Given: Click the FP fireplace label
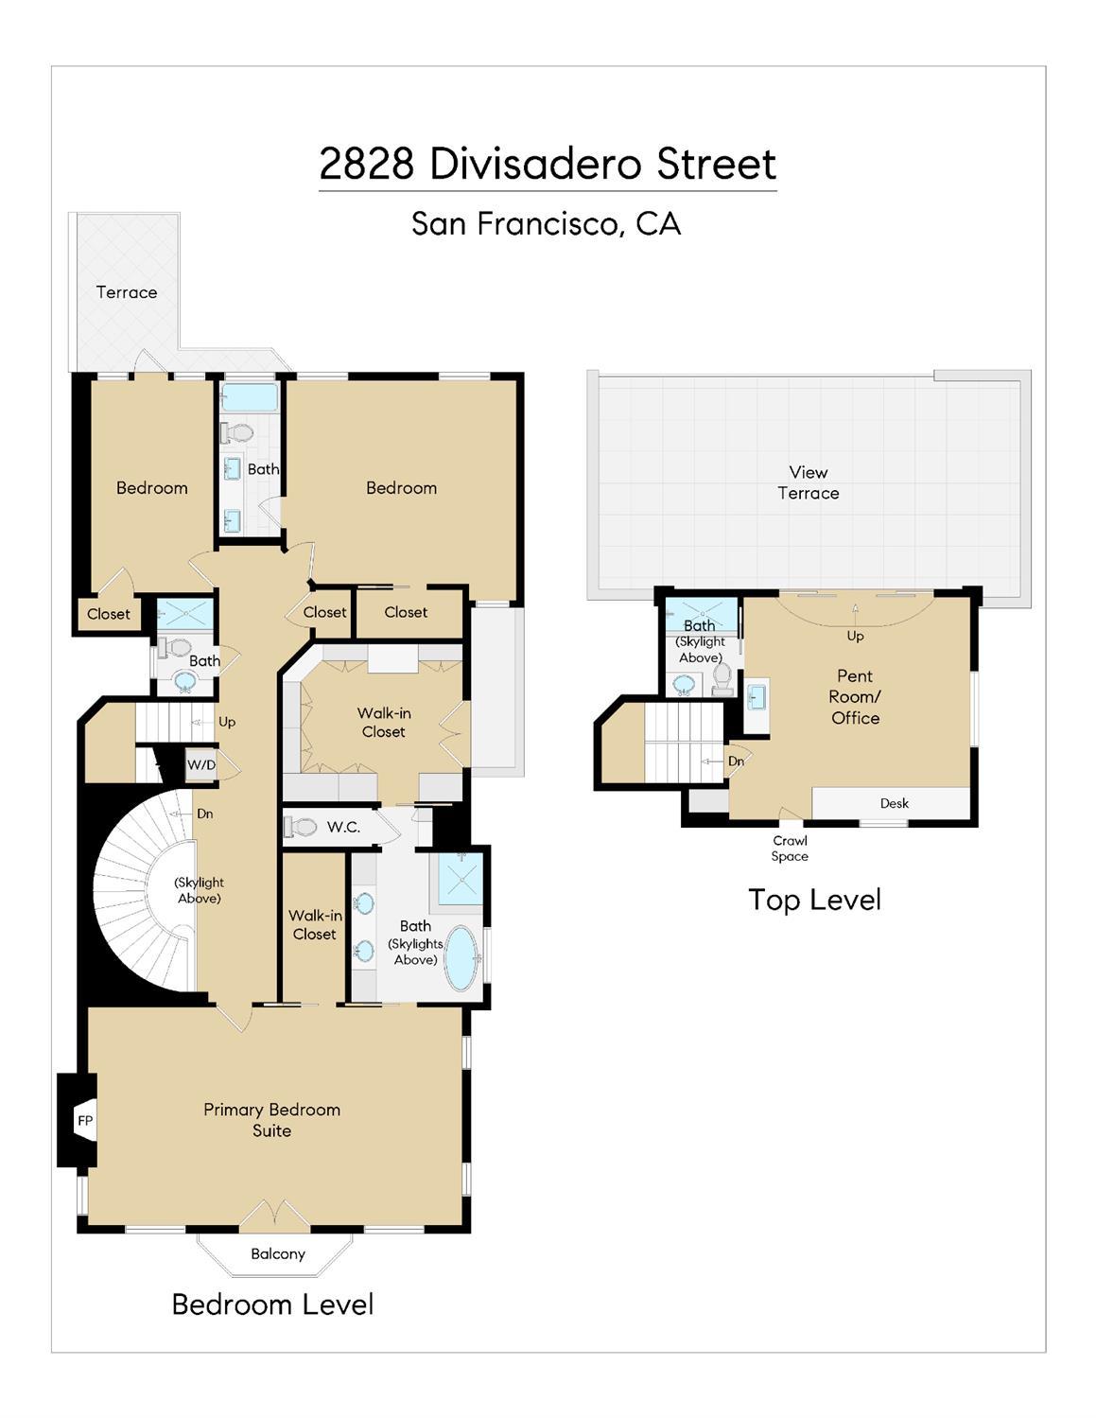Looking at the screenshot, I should (x=85, y=1121).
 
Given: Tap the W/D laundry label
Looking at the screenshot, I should (x=200, y=764).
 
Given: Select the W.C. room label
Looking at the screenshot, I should (x=343, y=827).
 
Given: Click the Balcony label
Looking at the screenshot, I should (x=277, y=1253).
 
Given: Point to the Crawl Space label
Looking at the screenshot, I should (x=790, y=848).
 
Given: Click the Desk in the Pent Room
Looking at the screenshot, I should (x=893, y=803).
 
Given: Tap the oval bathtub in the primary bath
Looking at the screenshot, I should (x=462, y=958).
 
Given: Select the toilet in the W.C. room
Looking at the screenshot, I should (x=302, y=827).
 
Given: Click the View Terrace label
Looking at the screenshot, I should (x=808, y=482).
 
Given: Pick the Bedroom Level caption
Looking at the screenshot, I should (x=272, y=1304).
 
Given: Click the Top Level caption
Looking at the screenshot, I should (x=814, y=900).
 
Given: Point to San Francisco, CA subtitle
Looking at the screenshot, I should (x=546, y=223).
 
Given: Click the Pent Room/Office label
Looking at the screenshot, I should (x=855, y=697).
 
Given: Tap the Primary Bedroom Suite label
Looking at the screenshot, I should (x=271, y=1120).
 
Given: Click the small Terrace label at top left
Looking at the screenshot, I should (x=127, y=292).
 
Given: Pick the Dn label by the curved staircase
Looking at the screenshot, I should (x=204, y=814).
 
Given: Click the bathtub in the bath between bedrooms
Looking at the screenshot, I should (x=249, y=397).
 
